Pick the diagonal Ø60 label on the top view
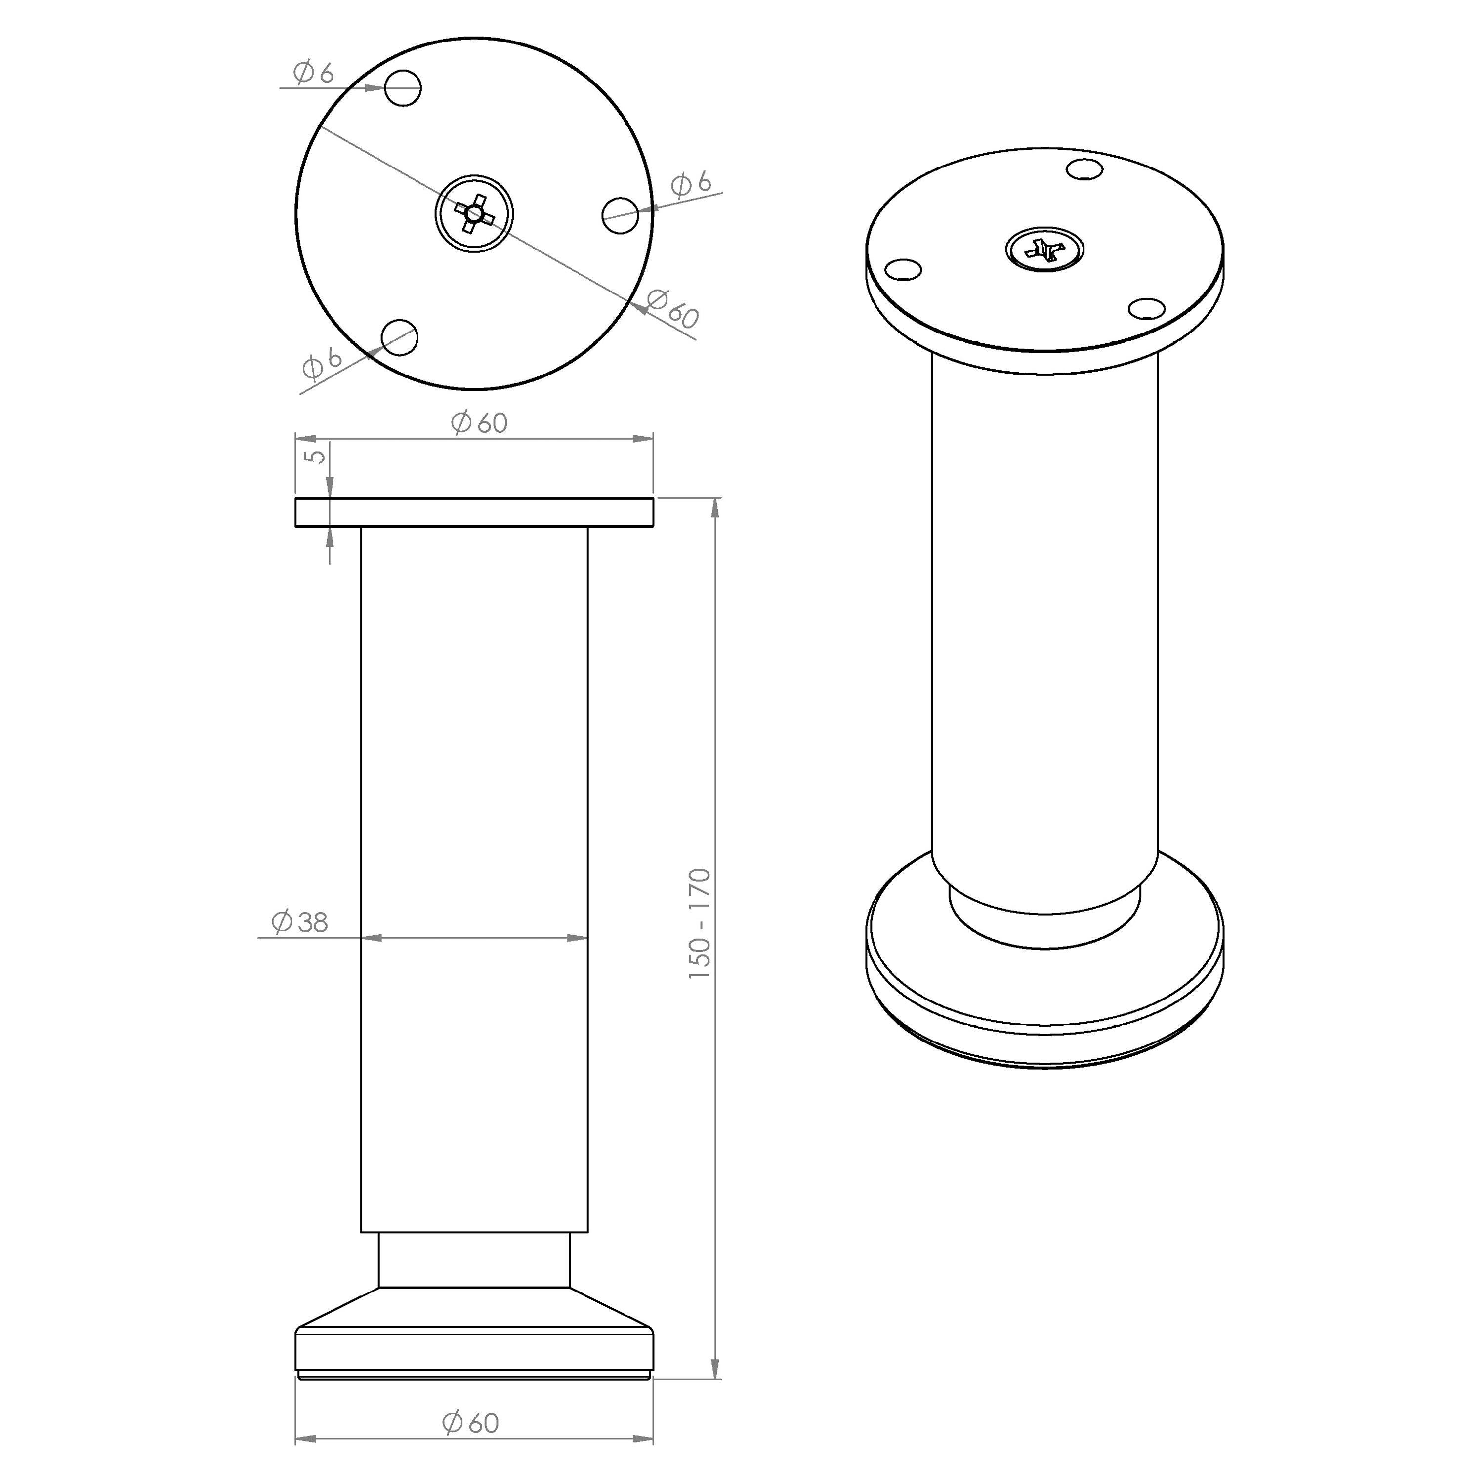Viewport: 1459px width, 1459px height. [672, 308]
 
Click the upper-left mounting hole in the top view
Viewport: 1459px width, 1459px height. [403, 88]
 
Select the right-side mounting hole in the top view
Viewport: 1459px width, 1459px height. [620, 216]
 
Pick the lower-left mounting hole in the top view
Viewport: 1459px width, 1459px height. [400, 337]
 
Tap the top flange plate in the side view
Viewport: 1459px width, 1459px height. [474, 512]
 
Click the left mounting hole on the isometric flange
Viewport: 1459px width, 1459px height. [903, 269]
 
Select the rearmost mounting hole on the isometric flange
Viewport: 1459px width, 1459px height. [1085, 169]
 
